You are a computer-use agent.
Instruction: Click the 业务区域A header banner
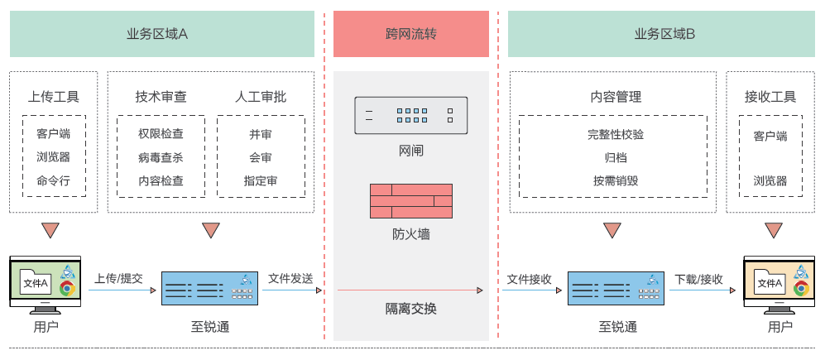point(162,34)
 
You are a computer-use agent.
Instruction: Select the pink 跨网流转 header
point(410,34)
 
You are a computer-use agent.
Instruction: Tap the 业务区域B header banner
point(664,34)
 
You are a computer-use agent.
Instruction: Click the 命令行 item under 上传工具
point(53,180)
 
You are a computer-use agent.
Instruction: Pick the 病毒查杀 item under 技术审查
point(161,157)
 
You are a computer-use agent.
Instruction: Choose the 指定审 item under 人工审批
point(261,180)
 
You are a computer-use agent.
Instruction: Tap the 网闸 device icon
point(410,116)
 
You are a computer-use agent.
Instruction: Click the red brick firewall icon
point(410,201)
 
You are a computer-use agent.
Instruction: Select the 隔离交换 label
point(410,310)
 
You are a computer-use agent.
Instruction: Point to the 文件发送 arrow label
point(290,278)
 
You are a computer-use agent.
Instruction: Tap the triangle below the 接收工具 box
point(774,230)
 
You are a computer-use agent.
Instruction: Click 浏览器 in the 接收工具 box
point(770,180)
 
